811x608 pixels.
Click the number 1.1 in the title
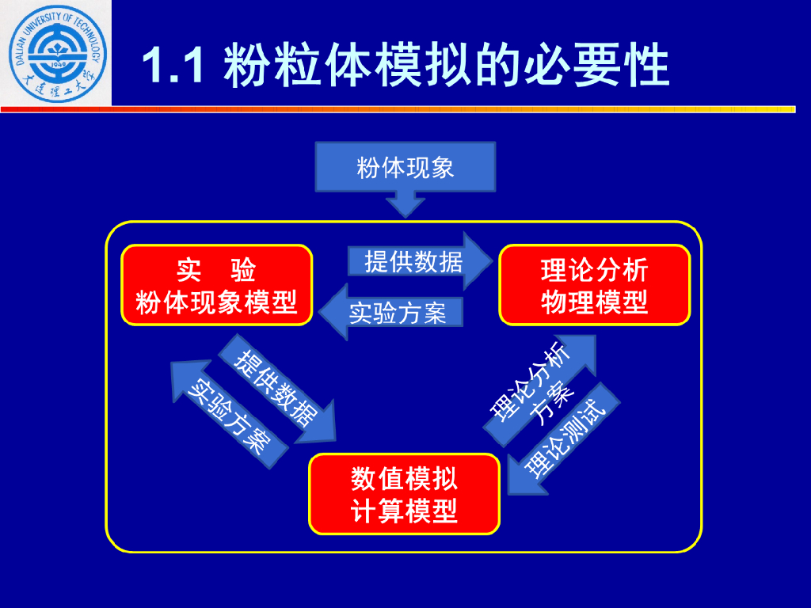click(x=175, y=65)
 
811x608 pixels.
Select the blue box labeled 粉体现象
click(x=405, y=168)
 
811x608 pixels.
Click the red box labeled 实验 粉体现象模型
click(x=216, y=285)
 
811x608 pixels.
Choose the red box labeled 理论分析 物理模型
click(x=594, y=285)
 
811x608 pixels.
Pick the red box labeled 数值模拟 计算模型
click(x=404, y=494)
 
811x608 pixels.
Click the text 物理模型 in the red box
click(x=594, y=302)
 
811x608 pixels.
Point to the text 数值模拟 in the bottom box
click(x=404, y=478)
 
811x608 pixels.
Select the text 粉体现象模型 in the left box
click(x=216, y=302)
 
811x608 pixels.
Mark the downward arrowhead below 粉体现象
click(x=405, y=206)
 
